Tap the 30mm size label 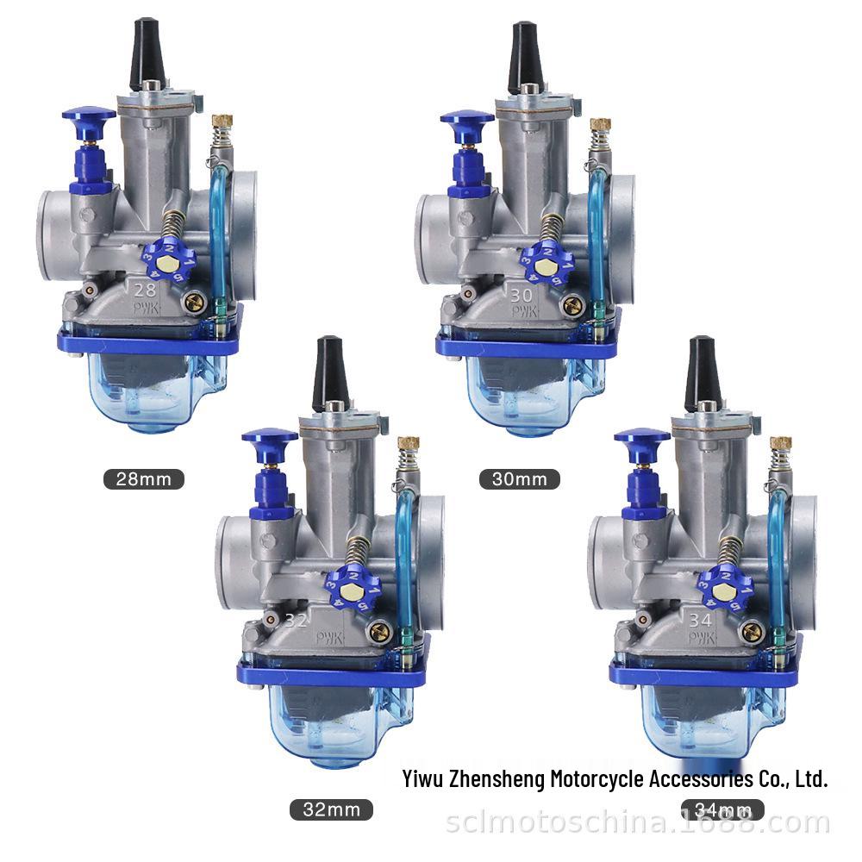520,478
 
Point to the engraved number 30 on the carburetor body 522,295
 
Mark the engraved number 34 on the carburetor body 700,618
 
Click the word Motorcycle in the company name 597,779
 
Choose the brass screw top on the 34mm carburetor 781,443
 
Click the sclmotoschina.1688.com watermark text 638,823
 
